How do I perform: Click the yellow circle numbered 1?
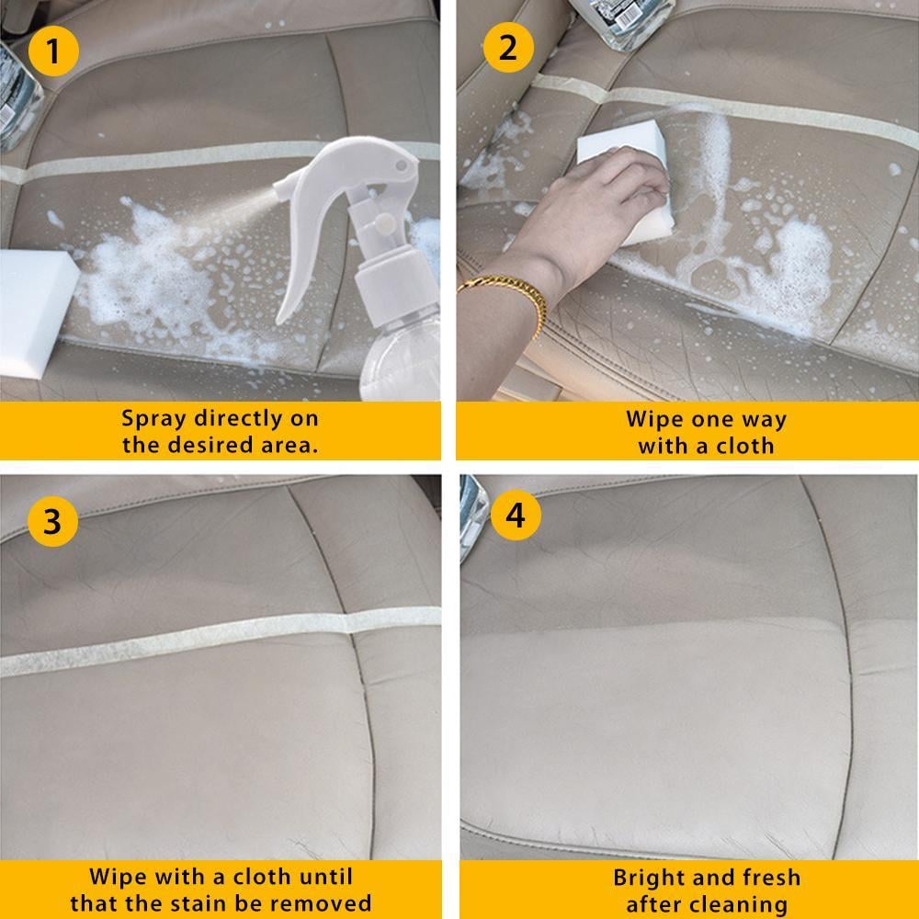tap(52, 51)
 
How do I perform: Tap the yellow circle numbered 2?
tap(508, 47)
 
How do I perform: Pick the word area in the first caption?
tap(290, 446)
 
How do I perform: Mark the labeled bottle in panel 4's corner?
tap(471, 515)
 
